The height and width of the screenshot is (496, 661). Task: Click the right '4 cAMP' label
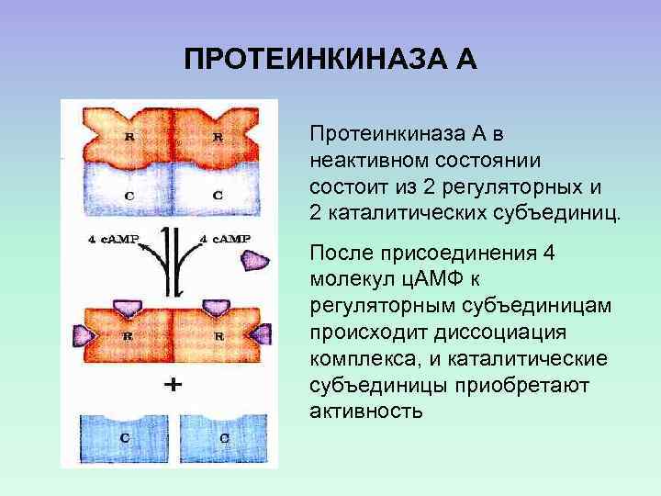(x=225, y=239)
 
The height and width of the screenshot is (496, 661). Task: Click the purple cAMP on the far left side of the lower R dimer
(x=81, y=333)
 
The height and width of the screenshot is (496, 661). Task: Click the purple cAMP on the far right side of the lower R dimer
(x=262, y=333)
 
